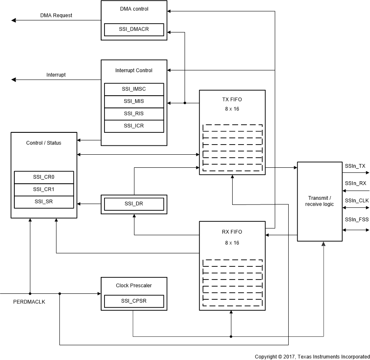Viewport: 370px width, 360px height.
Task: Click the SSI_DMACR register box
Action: tap(134, 29)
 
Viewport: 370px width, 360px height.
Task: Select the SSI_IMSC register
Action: tap(134, 89)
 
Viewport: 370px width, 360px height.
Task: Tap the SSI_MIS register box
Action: tap(134, 102)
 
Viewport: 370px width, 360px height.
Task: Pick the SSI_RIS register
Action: tap(134, 114)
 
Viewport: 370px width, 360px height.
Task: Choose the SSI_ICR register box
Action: tap(134, 126)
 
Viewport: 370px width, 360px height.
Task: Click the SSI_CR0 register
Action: tap(44, 177)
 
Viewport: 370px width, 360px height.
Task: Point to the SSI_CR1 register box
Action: tap(44, 189)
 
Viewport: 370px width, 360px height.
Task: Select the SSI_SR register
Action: tap(44, 201)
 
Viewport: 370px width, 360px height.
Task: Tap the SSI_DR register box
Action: tap(134, 204)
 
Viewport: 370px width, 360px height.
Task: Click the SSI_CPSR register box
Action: tap(134, 301)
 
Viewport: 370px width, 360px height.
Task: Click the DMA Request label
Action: tap(56, 16)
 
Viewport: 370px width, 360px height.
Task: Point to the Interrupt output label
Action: tap(56, 75)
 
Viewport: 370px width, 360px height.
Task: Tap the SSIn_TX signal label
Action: tap(355, 167)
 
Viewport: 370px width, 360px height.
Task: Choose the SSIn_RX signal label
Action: tap(355, 183)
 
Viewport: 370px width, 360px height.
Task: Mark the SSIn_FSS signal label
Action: tap(356, 220)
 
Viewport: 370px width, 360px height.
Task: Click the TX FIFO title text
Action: tap(232, 99)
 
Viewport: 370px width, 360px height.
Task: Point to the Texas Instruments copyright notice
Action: tap(312, 356)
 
